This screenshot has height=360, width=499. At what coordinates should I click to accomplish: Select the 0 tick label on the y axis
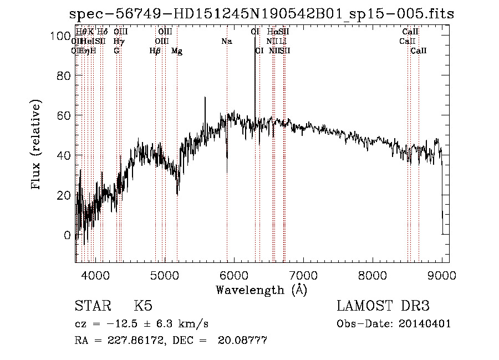[x=67, y=235]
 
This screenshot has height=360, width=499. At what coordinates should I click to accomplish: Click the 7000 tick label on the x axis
[x=303, y=275]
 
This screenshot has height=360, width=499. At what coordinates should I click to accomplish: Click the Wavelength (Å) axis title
[x=261, y=290]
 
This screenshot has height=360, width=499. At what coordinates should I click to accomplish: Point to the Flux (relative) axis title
[x=37, y=145]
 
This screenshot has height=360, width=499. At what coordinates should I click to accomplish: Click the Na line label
[x=226, y=42]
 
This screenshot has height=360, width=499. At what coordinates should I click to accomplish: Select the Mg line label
[x=177, y=51]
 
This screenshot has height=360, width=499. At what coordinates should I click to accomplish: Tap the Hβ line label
[x=155, y=51]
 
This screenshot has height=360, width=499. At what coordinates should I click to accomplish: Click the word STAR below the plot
[x=91, y=306]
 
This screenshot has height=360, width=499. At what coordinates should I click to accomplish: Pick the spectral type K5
[x=143, y=306]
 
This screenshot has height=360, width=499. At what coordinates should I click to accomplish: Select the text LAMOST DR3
[x=383, y=306]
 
